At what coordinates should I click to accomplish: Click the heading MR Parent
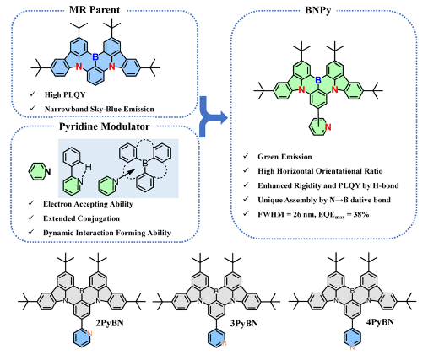click(x=95, y=10)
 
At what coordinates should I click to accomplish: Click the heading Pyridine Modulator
click(x=104, y=126)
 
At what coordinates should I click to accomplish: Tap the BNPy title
click(x=318, y=10)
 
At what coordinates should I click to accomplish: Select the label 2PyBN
click(x=110, y=323)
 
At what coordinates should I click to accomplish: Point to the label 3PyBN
click(x=244, y=324)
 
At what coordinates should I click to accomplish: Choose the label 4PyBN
click(x=380, y=322)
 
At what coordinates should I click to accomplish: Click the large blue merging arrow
click(x=213, y=117)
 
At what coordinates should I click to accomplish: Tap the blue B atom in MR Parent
click(x=95, y=57)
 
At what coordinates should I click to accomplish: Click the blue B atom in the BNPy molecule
click(x=318, y=80)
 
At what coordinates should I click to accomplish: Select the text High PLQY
click(x=65, y=94)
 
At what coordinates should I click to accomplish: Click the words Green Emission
click(x=284, y=157)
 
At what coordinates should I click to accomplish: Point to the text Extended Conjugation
click(x=81, y=218)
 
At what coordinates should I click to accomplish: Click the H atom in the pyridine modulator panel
click(x=88, y=167)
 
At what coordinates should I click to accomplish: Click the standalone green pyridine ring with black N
click(x=40, y=171)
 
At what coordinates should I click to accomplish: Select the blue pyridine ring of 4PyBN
click(x=352, y=338)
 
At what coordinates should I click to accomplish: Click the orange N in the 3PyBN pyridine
click(x=224, y=343)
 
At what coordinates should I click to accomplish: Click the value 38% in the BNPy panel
click(x=361, y=214)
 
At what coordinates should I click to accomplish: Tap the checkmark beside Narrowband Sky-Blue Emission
click(x=33, y=108)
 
